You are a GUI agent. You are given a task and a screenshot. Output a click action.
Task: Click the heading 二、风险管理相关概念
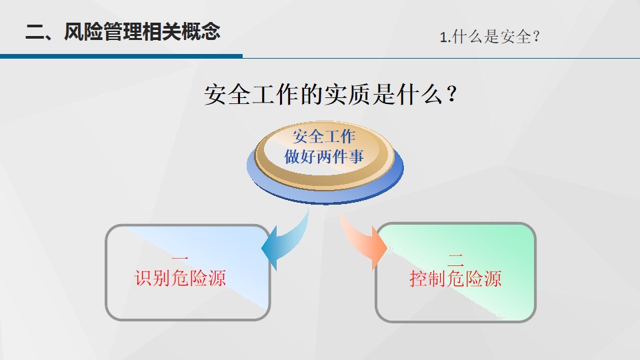123,31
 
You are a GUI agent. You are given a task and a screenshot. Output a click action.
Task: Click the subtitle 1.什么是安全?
490,37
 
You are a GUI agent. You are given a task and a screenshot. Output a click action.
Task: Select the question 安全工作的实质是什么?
331,95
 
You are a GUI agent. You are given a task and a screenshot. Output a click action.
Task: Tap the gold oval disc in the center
325,155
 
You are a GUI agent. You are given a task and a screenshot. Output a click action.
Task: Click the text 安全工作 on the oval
324,136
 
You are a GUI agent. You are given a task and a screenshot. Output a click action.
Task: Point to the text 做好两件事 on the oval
324,156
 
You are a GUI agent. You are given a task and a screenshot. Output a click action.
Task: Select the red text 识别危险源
180,278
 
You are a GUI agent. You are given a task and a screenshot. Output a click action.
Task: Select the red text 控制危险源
455,279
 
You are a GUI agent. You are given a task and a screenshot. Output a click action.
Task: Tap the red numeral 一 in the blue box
180,259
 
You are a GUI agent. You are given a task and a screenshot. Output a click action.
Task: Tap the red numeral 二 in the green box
455,259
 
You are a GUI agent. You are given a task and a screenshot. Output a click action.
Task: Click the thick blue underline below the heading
121,56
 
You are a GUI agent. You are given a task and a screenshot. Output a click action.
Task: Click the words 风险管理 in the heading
103,31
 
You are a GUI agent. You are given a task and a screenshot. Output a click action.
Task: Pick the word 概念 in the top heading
201,31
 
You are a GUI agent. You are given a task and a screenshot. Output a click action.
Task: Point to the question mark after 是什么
452,94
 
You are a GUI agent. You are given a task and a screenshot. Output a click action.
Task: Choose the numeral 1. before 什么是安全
445,37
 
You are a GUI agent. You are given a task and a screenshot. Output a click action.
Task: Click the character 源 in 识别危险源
217,278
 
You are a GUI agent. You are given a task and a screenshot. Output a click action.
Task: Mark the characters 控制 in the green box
428,279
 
